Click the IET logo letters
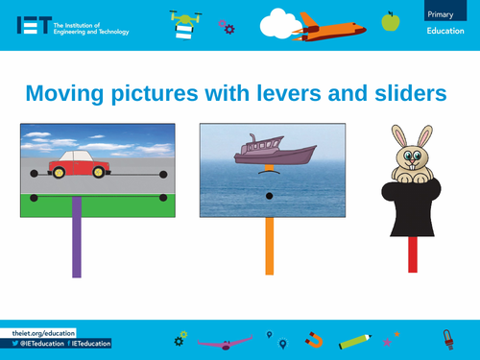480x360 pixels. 33,25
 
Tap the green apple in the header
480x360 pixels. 390,20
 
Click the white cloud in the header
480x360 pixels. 280,19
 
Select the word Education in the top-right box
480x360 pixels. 444,34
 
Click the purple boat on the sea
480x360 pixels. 275,152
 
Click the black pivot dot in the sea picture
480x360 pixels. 269,196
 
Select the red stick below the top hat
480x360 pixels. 413,254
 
